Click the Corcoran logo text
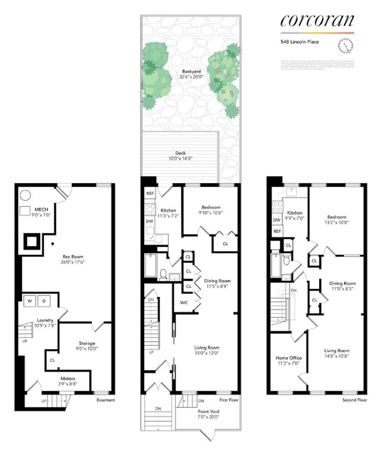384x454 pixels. [x=317, y=20]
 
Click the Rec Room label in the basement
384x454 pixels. [x=66, y=256]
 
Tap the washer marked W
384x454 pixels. [x=30, y=301]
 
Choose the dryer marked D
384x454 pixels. [x=45, y=301]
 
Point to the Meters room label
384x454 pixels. [x=69, y=378]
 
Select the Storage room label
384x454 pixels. [x=85, y=343]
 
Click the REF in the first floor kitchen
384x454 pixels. [x=150, y=193]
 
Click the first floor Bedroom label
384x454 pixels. [x=210, y=207]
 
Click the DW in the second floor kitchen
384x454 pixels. [x=276, y=220]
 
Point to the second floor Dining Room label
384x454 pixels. [x=342, y=283]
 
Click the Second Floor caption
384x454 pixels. [x=354, y=400]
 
